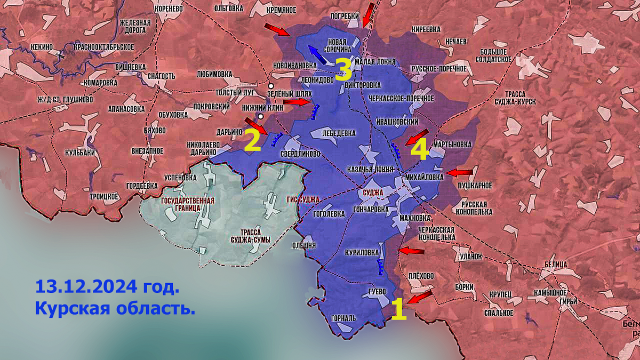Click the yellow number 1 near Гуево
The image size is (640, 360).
pos(398,309)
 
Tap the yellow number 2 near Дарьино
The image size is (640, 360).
pos(252,141)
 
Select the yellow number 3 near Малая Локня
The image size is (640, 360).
pos(342,69)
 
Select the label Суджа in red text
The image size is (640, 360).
pos(372,192)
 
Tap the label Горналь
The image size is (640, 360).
pos(343,318)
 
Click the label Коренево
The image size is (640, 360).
pos(169,9)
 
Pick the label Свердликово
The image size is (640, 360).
pos(300,154)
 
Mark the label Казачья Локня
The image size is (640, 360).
pos(370,169)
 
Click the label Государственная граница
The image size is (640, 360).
pos(187,205)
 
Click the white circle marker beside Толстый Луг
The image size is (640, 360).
pos(271,86)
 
